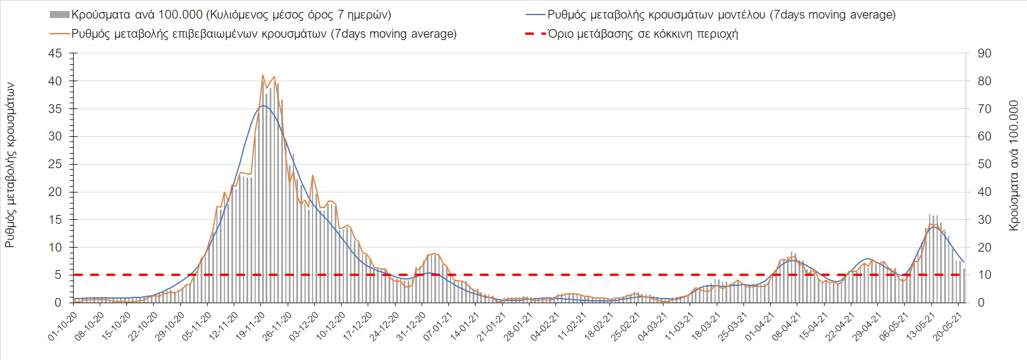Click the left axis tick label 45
coord(55,53)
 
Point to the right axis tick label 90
coord(984,53)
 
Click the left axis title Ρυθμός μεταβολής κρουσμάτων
coord(10,165)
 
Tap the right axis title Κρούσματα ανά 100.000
coord(1014,165)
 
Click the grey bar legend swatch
coord(60,14)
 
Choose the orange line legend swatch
coord(60,34)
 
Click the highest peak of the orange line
coord(263,75)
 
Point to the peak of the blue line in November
coord(263,106)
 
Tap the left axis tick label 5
coord(58,275)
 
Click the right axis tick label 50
coord(984,164)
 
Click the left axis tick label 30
coord(55,136)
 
